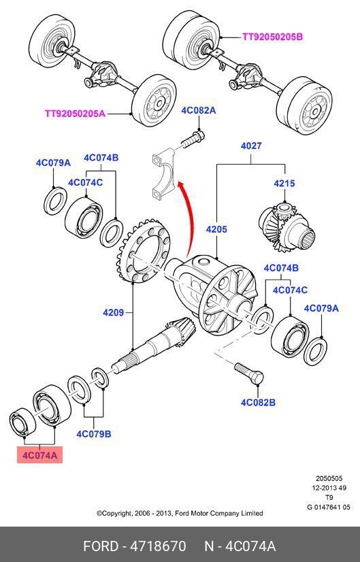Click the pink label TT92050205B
point(272,37)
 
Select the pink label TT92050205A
point(75,114)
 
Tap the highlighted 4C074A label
point(39,455)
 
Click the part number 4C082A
point(198,110)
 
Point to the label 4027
point(251,146)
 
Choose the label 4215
point(284,183)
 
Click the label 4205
point(216,229)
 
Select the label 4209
point(113,312)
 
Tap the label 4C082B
point(258,403)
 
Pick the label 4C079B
point(94,434)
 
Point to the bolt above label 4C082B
point(249,374)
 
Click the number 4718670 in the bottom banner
point(158,546)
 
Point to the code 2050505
point(329,478)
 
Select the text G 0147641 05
point(329,507)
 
